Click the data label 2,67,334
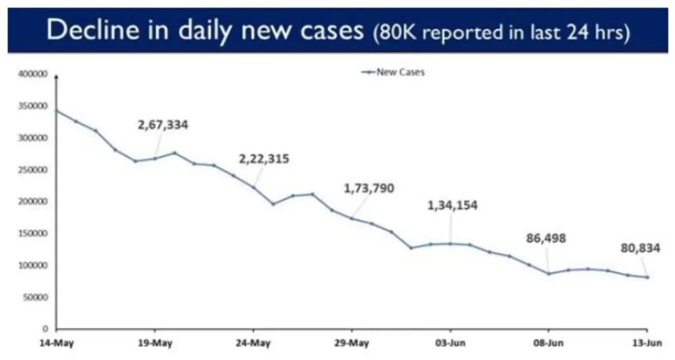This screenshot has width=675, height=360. [163, 125]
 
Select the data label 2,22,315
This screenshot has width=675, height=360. [264, 159]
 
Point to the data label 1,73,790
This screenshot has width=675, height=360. [368, 189]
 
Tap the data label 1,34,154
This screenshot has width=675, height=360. [452, 205]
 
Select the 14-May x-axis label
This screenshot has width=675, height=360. [55, 344]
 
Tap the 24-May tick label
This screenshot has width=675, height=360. [253, 344]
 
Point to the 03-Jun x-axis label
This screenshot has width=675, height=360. [450, 344]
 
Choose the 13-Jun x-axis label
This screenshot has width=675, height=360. [647, 344]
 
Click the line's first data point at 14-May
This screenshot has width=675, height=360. [56, 111]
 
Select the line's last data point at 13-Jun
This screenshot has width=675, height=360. [647, 277]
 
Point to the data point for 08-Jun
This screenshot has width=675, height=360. [548, 274]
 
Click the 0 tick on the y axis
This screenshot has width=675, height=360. [45, 329]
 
